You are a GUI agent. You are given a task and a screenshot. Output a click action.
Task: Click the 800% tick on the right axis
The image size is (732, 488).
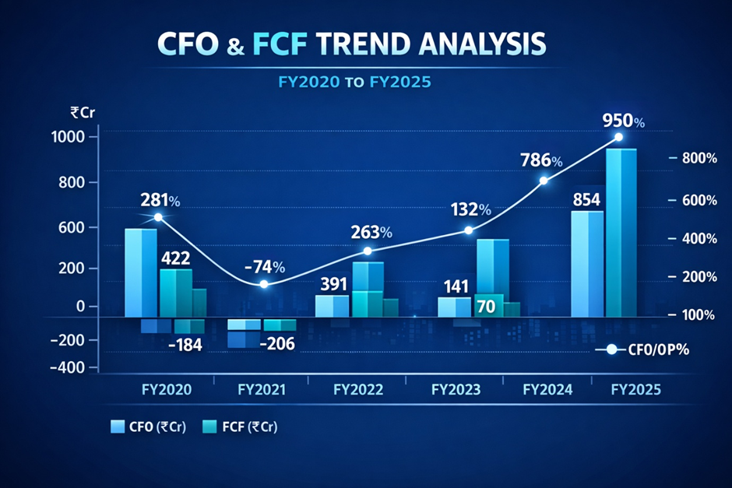tap(696, 158)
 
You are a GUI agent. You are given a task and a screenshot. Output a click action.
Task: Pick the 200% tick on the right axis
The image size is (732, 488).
tap(696, 277)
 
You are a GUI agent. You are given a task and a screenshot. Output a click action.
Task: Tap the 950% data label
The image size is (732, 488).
tap(624, 121)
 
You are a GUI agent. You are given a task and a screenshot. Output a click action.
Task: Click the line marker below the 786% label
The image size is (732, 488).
tap(544, 181)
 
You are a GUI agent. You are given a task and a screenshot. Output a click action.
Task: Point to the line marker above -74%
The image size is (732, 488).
tap(263, 284)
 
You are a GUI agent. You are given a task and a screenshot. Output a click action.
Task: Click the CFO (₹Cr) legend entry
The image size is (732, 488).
tap(147, 427)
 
